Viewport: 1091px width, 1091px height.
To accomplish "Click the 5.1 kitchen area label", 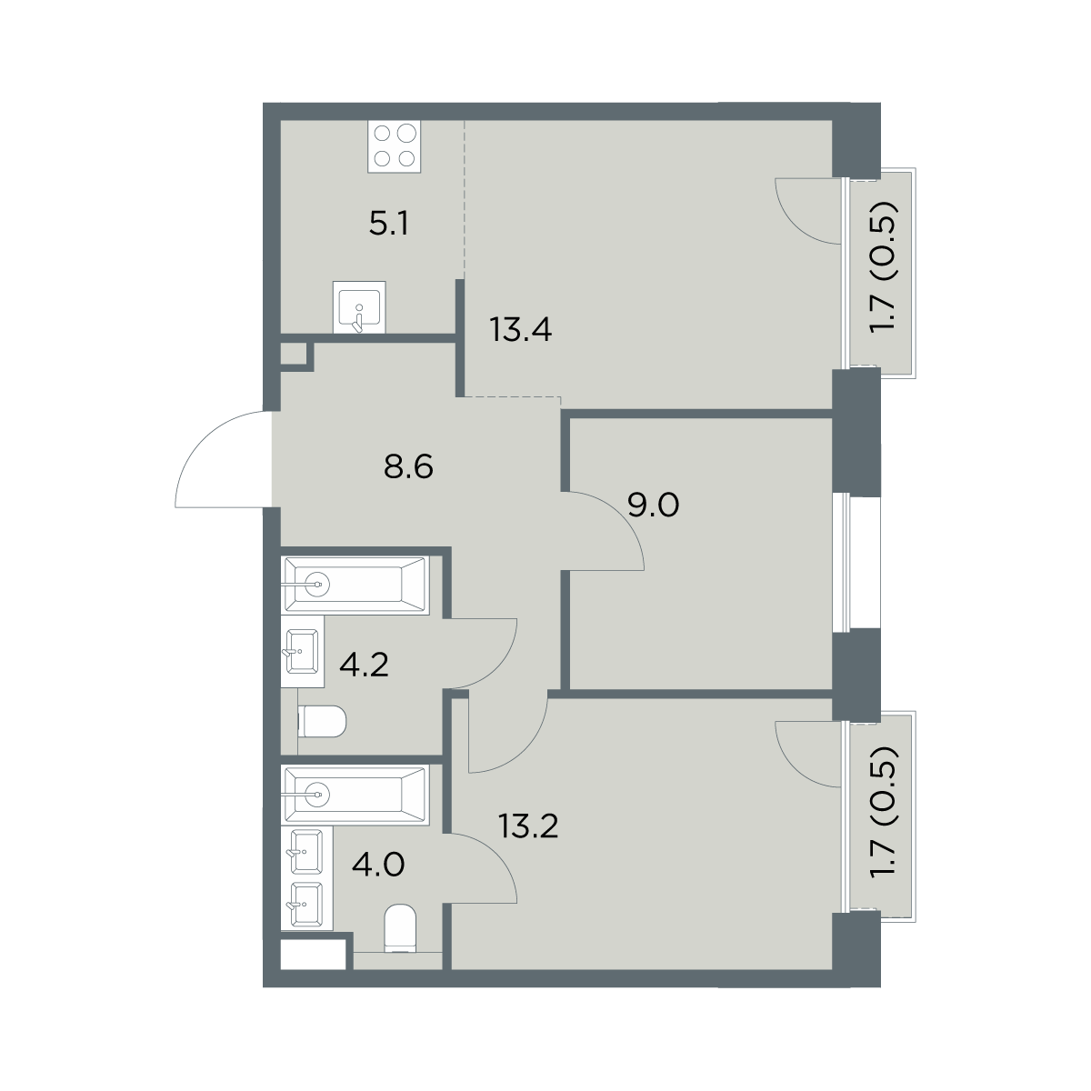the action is (x=388, y=225).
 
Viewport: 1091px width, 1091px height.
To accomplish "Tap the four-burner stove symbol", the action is (x=394, y=146).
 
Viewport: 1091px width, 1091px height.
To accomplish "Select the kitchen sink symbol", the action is (x=359, y=307).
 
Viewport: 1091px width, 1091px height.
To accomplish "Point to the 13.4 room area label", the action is (x=521, y=330).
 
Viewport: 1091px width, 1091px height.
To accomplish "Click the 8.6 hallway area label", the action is (x=408, y=467).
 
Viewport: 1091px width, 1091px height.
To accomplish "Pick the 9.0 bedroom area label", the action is (x=654, y=505).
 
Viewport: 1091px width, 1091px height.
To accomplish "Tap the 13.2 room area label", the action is (x=528, y=826).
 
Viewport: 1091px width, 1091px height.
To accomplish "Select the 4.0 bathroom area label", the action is (x=378, y=866).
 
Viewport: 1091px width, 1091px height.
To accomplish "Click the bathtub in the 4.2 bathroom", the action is (x=355, y=585).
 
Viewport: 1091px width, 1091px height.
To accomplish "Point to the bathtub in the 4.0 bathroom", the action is (x=355, y=795).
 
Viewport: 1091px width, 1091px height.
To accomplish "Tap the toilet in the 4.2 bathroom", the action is (x=322, y=721).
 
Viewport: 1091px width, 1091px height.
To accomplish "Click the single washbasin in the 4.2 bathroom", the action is (x=303, y=652).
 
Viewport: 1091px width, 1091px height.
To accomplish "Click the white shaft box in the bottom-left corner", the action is (x=313, y=955).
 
